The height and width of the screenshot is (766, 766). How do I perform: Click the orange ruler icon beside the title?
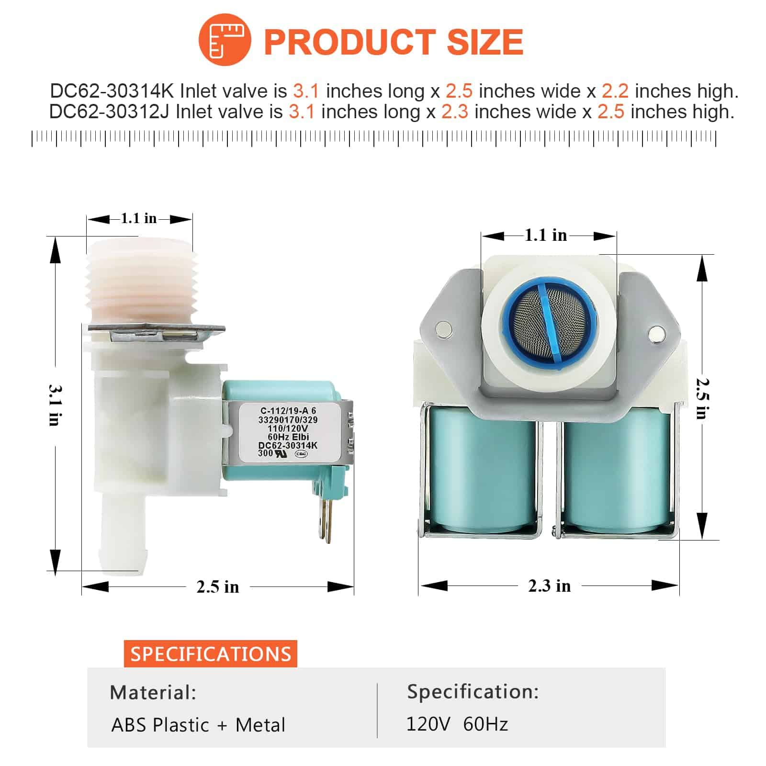[225, 40]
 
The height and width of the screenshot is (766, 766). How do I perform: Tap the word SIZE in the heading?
[485, 41]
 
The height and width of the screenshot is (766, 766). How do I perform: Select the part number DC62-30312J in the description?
[110, 112]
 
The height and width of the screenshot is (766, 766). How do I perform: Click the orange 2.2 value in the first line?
[615, 91]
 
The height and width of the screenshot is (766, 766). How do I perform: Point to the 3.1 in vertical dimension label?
[55, 405]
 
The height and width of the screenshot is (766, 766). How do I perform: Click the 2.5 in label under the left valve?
[217, 586]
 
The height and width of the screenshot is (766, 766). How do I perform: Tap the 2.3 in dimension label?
[549, 586]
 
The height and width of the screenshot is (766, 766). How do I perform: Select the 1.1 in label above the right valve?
[545, 235]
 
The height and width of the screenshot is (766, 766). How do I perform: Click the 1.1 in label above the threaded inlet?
[138, 218]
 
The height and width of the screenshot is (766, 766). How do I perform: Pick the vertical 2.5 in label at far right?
[702, 398]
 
